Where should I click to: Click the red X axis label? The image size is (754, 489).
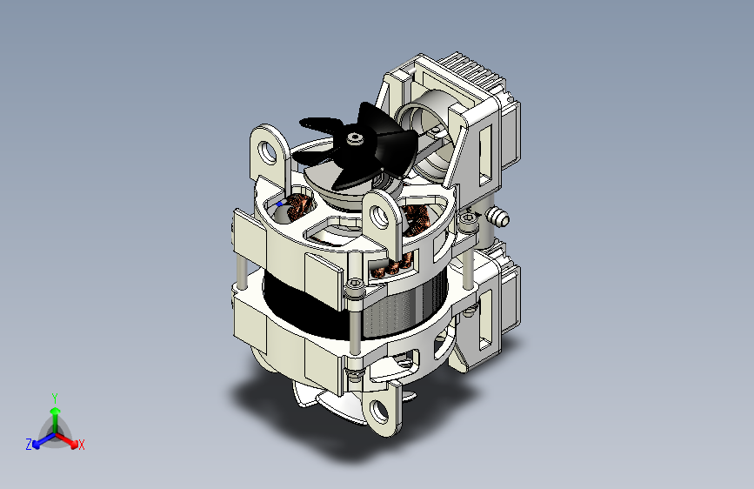[x=82, y=445]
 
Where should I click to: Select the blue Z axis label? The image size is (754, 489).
[x=29, y=445]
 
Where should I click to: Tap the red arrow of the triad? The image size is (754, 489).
[x=70, y=439]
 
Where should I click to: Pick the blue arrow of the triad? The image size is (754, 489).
[x=40, y=439]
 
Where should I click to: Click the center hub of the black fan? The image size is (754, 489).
[x=353, y=138]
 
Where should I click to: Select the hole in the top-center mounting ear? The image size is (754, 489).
[x=383, y=217]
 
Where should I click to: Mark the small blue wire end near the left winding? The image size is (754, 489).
[x=278, y=203]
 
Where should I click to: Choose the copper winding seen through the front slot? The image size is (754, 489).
[x=389, y=269]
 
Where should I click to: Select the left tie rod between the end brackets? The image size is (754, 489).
[x=238, y=270]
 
